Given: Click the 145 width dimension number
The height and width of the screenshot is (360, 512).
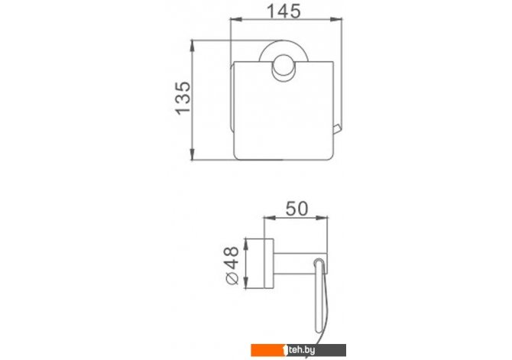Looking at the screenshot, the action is [x=284, y=11].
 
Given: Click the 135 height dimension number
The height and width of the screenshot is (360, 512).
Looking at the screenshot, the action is [x=183, y=98].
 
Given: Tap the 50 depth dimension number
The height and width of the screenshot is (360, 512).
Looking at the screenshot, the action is [x=297, y=209].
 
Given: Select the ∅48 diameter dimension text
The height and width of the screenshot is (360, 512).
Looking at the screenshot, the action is [x=232, y=265].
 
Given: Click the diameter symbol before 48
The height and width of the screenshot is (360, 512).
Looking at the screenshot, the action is [x=232, y=279].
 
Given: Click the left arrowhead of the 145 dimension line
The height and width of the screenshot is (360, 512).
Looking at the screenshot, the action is [x=236, y=19].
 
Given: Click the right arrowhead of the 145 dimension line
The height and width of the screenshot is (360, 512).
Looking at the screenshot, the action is [x=337, y=19].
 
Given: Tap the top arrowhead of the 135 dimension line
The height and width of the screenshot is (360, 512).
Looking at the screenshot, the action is [x=193, y=45].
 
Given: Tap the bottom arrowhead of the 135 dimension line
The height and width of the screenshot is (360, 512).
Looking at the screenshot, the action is [x=193, y=154].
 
